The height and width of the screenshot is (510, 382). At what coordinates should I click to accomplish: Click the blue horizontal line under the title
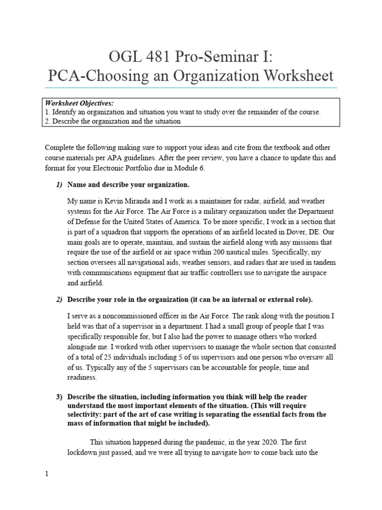coord(191,88)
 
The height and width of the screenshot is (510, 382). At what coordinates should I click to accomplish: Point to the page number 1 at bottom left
coord(47,474)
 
